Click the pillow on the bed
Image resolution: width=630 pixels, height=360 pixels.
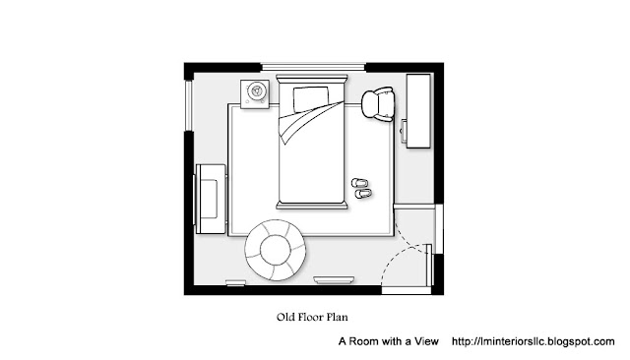(311, 99)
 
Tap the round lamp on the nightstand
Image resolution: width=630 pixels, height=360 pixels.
(256, 90)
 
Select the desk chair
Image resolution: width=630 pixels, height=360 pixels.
(378, 104)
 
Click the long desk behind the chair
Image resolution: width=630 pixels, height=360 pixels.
(418, 111)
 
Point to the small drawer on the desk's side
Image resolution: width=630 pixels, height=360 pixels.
(404, 131)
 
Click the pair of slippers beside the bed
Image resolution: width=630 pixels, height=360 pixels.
(361, 189)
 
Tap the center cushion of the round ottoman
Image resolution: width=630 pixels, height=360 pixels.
(276, 250)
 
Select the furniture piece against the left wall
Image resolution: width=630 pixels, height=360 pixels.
(211, 199)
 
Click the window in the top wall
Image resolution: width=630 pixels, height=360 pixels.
(313, 67)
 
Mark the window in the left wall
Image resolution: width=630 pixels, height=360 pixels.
(189, 106)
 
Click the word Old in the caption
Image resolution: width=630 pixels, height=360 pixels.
(283, 317)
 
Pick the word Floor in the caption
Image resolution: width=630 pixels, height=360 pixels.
(308, 317)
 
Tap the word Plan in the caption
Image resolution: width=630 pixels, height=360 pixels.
(337, 317)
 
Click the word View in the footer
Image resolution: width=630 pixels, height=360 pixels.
(426, 341)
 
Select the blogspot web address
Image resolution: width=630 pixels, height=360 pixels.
(534, 341)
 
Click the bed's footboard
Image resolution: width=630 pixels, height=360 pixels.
(312, 206)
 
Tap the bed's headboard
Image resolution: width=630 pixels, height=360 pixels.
(312, 78)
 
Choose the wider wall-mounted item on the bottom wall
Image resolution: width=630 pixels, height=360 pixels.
(334, 279)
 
